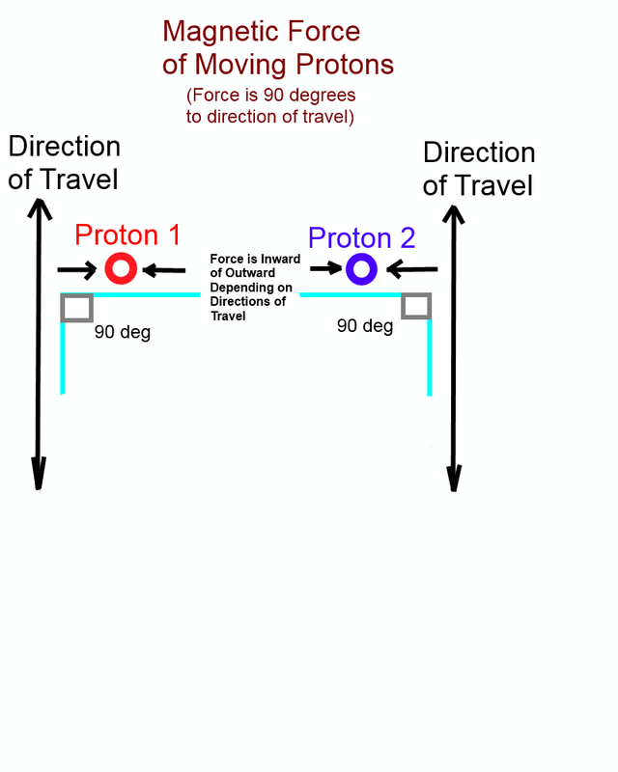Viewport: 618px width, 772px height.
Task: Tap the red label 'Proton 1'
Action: [127, 234]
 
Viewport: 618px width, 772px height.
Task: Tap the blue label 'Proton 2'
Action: [362, 237]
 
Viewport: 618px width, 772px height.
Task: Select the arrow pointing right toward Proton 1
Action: [77, 270]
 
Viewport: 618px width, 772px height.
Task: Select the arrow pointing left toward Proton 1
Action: [163, 270]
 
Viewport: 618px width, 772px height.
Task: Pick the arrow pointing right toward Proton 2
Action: [325, 268]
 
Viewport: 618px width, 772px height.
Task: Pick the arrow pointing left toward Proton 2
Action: [412, 269]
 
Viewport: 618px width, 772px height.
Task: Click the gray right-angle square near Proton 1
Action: [63, 308]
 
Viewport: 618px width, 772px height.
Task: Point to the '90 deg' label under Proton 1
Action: [123, 332]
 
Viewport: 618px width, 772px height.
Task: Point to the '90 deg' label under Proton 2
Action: [365, 326]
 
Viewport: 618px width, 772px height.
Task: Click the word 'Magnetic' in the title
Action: [222, 33]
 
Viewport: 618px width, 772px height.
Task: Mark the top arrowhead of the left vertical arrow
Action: [40, 208]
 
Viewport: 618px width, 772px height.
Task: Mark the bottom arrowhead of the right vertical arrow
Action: [454, 479]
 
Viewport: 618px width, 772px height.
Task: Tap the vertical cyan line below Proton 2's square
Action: [430, 357]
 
